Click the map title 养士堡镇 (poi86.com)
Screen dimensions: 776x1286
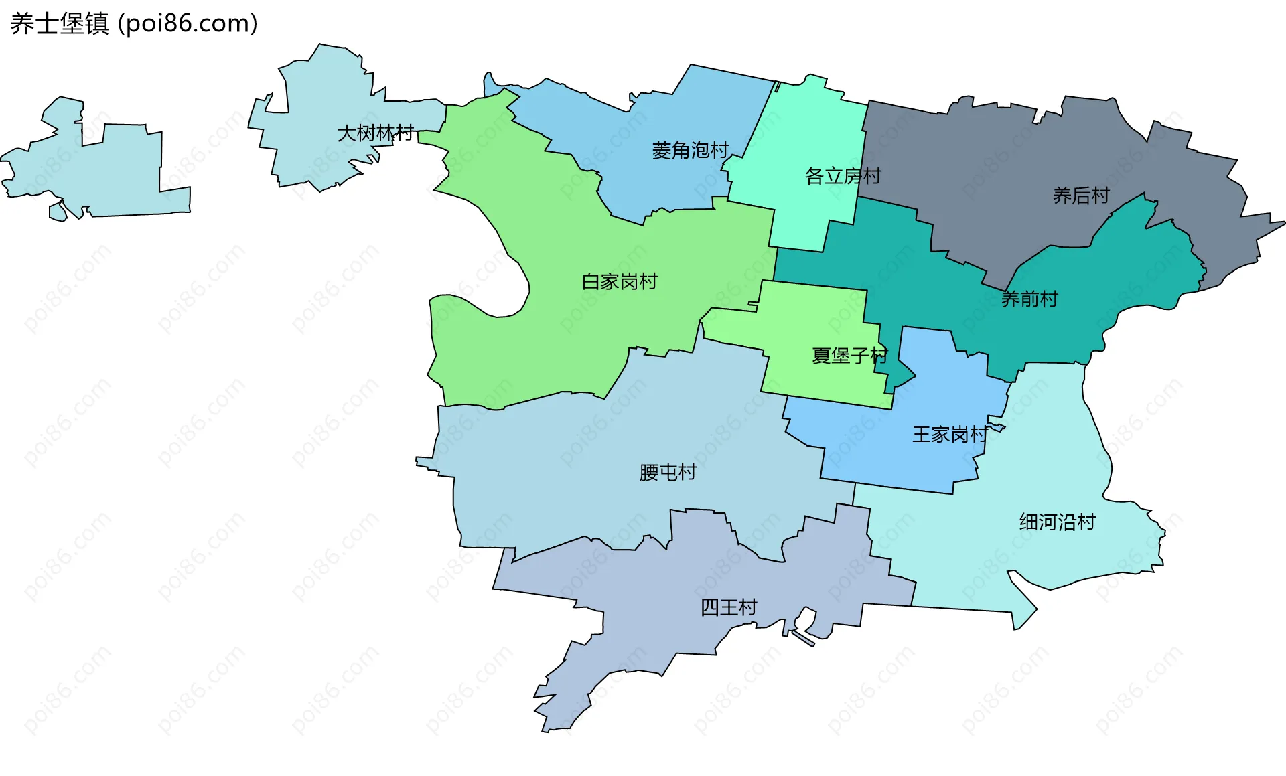tap(134, 24)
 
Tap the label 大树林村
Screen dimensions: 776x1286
tap(375, 133)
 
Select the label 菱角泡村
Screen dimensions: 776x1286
tap(690, 151)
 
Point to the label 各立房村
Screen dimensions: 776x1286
tap(843, 177)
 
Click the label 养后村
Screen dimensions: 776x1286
tap(1081, 196)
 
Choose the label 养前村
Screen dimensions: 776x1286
tap(1029, 299)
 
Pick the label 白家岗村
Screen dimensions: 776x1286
tap(620, 282)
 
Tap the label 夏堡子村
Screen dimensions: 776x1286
tap(849, 356)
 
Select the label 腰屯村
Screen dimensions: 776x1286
tap(668, 473)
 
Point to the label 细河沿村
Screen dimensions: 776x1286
tap(1057, 522)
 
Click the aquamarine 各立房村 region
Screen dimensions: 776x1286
tap(810, 134)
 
